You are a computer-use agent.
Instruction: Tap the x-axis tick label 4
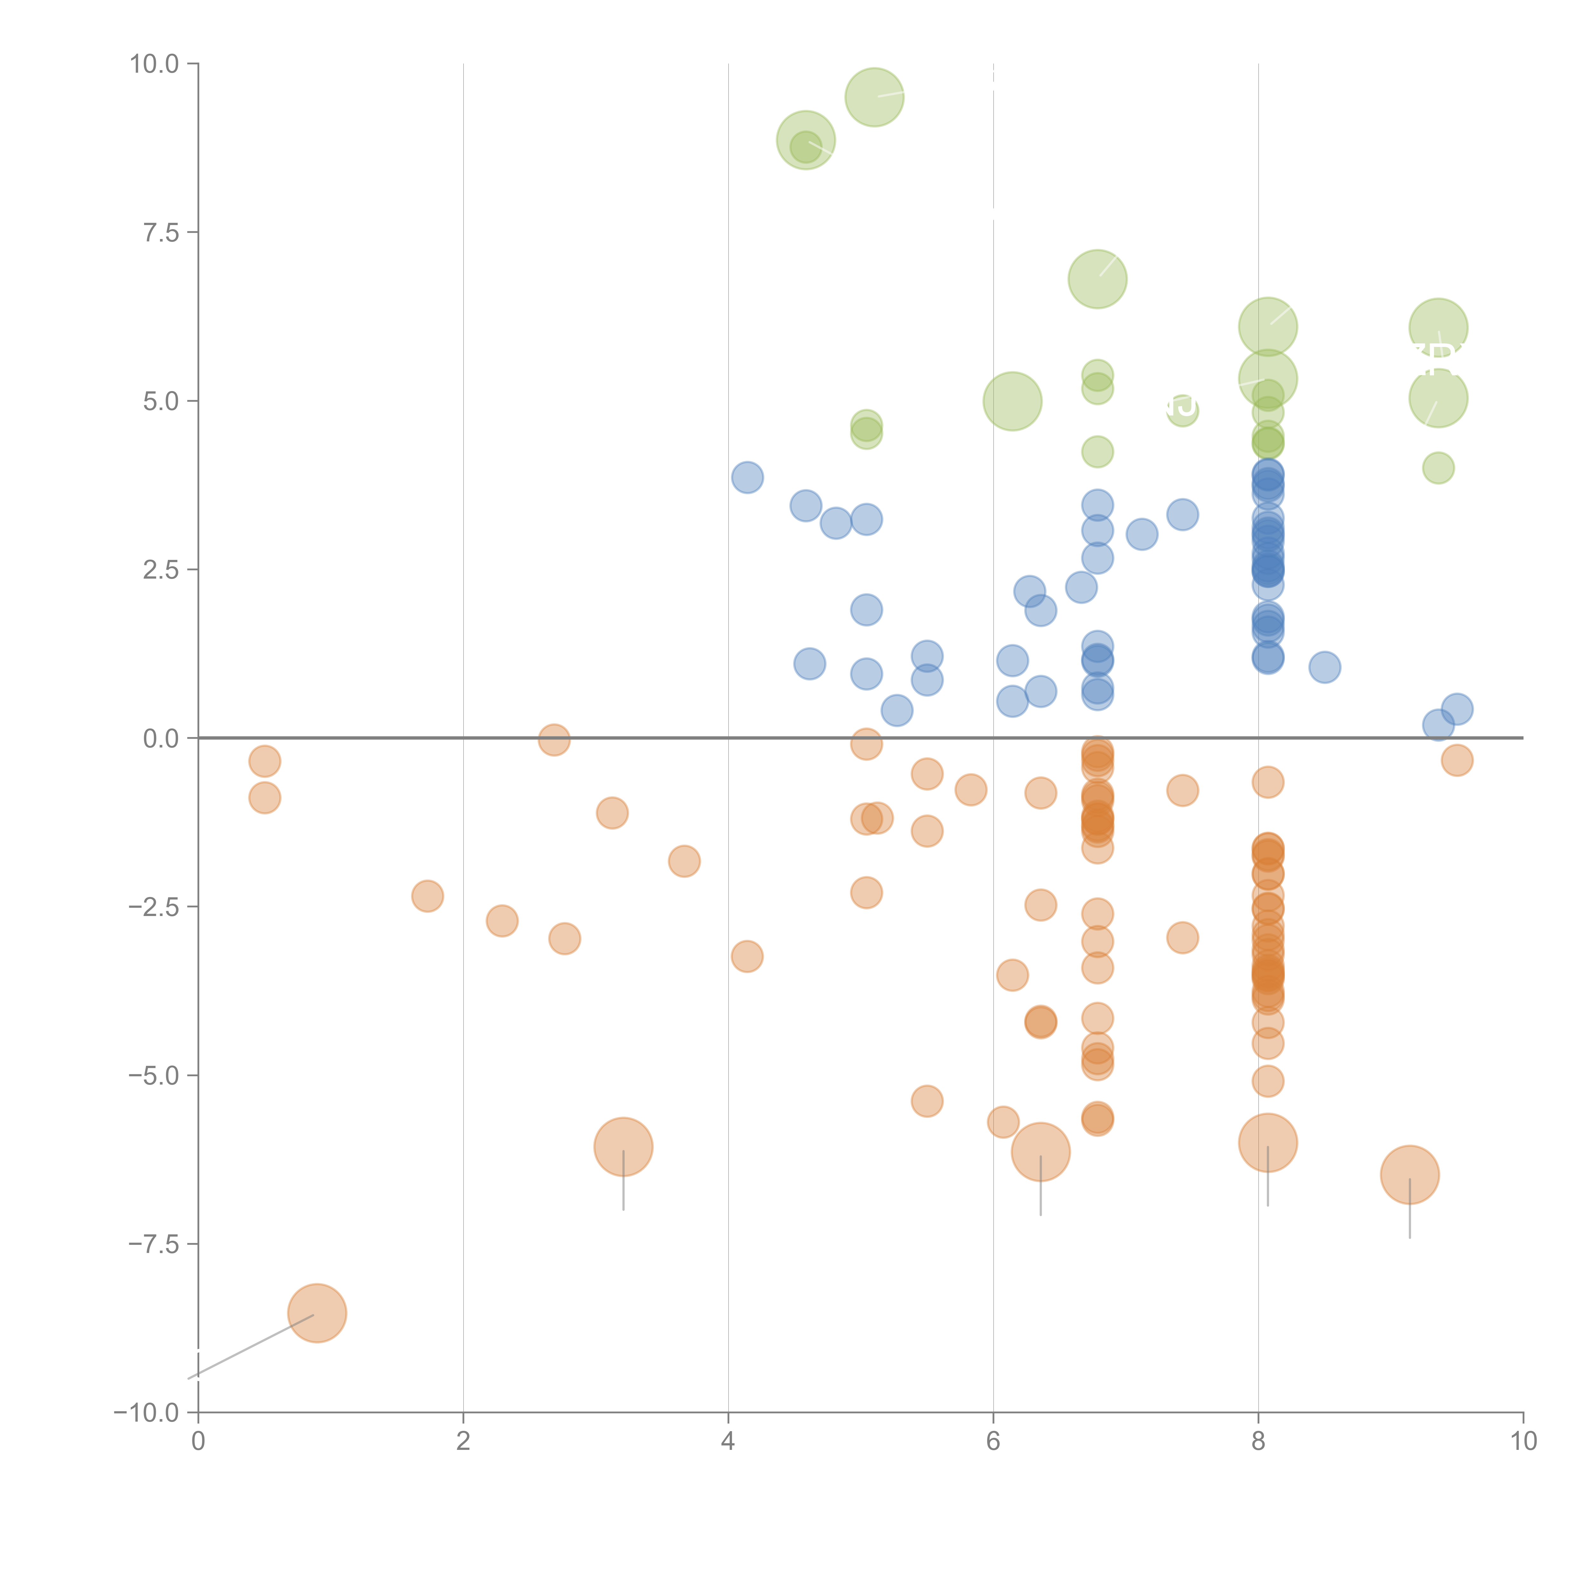pyautogui.click(x=728, y=1441)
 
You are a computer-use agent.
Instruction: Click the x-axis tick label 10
pyautogui.click(x=1523, y=1441)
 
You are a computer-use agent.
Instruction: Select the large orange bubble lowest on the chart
pyautogui.click(x=317, y=1313)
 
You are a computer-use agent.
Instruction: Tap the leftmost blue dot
pyautogui.click(x=747, y=477)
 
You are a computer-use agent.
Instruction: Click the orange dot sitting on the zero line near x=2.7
pyautogui.click(x=554, y=739)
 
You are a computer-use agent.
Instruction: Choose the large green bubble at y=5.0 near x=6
pyautogui.click(x=1012, y=401)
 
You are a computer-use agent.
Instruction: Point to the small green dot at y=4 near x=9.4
pyautogui.click(x=1438, y=468)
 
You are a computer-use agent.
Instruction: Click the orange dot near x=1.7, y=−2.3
pyautogui.click(x=427, y=896)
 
